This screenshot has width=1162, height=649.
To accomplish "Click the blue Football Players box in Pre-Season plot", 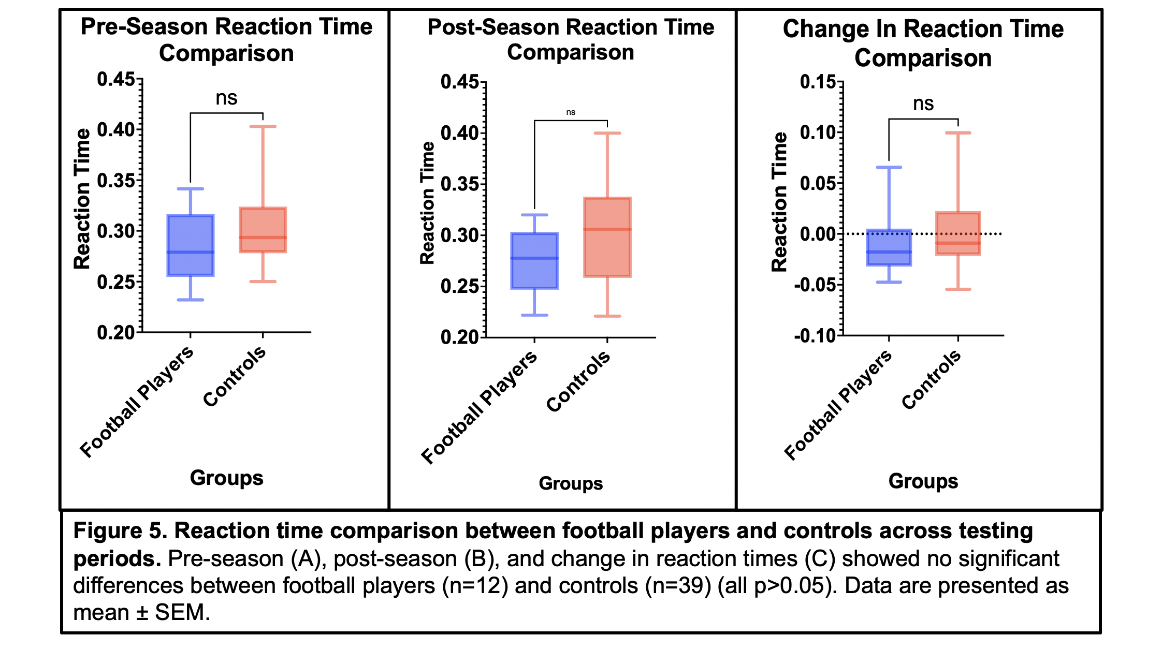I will [191, 245].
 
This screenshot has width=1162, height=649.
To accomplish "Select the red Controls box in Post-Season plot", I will [607, 237].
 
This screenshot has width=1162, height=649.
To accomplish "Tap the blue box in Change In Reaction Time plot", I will [889, 247].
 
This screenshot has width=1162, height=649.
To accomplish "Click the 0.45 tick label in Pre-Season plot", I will [116, 80].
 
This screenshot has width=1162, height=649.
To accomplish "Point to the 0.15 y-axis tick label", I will [818, 82].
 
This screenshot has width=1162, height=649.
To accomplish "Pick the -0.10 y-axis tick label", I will [815, 336].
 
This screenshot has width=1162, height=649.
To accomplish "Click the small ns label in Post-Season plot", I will [571, 112].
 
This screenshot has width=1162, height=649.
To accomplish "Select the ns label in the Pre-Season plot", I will [226, 98].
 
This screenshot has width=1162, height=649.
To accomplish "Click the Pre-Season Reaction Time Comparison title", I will [226, 40].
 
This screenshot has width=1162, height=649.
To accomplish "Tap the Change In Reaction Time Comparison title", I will [923, 43].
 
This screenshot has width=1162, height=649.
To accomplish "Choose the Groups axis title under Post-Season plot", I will [571, 483].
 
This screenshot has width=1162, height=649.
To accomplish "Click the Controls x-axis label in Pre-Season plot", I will [235, 376].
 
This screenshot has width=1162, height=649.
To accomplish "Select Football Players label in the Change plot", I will [838, 405].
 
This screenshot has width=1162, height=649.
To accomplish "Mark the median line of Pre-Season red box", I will [263, 238].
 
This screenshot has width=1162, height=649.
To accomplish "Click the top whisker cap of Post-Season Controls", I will [607, 133].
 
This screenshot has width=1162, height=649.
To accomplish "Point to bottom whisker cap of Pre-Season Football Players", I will [191, 300].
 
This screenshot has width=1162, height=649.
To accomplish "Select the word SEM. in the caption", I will [182, 613].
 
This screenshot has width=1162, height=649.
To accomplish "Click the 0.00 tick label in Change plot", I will [818, 234].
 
